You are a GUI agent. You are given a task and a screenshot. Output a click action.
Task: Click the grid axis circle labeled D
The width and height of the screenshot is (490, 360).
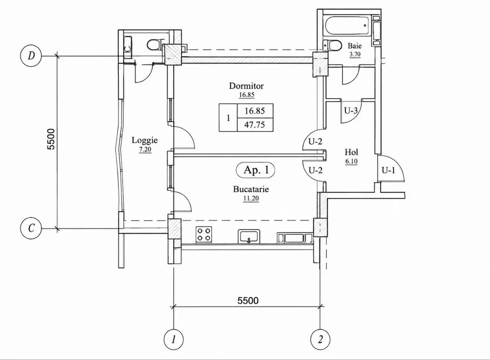31,56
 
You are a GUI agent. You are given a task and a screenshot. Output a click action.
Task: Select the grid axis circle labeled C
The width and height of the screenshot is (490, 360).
31,229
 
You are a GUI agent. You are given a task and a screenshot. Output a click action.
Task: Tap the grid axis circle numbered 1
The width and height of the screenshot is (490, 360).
174,340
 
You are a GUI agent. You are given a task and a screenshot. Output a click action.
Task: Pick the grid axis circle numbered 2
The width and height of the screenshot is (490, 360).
320,340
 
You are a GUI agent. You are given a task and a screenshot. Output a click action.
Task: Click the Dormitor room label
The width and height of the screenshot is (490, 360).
246,86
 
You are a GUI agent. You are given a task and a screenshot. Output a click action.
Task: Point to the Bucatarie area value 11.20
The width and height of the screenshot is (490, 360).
251,198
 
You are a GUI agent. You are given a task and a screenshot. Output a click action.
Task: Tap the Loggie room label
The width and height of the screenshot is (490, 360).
145,140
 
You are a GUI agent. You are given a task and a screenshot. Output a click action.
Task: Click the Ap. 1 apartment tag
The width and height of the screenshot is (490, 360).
255,170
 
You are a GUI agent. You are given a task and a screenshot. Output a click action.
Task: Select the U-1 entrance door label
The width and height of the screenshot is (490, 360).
389,170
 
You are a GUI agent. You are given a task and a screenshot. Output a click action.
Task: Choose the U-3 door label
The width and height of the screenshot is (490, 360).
351,111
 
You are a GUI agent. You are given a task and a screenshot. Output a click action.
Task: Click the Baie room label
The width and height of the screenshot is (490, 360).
354,46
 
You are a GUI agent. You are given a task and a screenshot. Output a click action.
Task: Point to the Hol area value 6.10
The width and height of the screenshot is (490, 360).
351,161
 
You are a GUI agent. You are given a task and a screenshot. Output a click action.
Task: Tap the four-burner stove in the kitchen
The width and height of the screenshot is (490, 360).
204,235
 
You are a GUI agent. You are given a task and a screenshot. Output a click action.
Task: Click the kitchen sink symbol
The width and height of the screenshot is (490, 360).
249,236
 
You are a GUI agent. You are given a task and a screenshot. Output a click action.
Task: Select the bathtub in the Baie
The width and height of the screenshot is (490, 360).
348,26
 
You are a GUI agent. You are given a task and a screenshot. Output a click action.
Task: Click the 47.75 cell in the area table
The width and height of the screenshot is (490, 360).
255,125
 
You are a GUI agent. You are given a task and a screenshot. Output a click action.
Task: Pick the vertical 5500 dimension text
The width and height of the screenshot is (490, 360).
51,139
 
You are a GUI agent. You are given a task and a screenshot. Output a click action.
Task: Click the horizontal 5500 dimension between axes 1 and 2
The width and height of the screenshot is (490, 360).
248,301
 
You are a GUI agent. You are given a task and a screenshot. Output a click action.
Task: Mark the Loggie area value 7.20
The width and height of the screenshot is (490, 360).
145,150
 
